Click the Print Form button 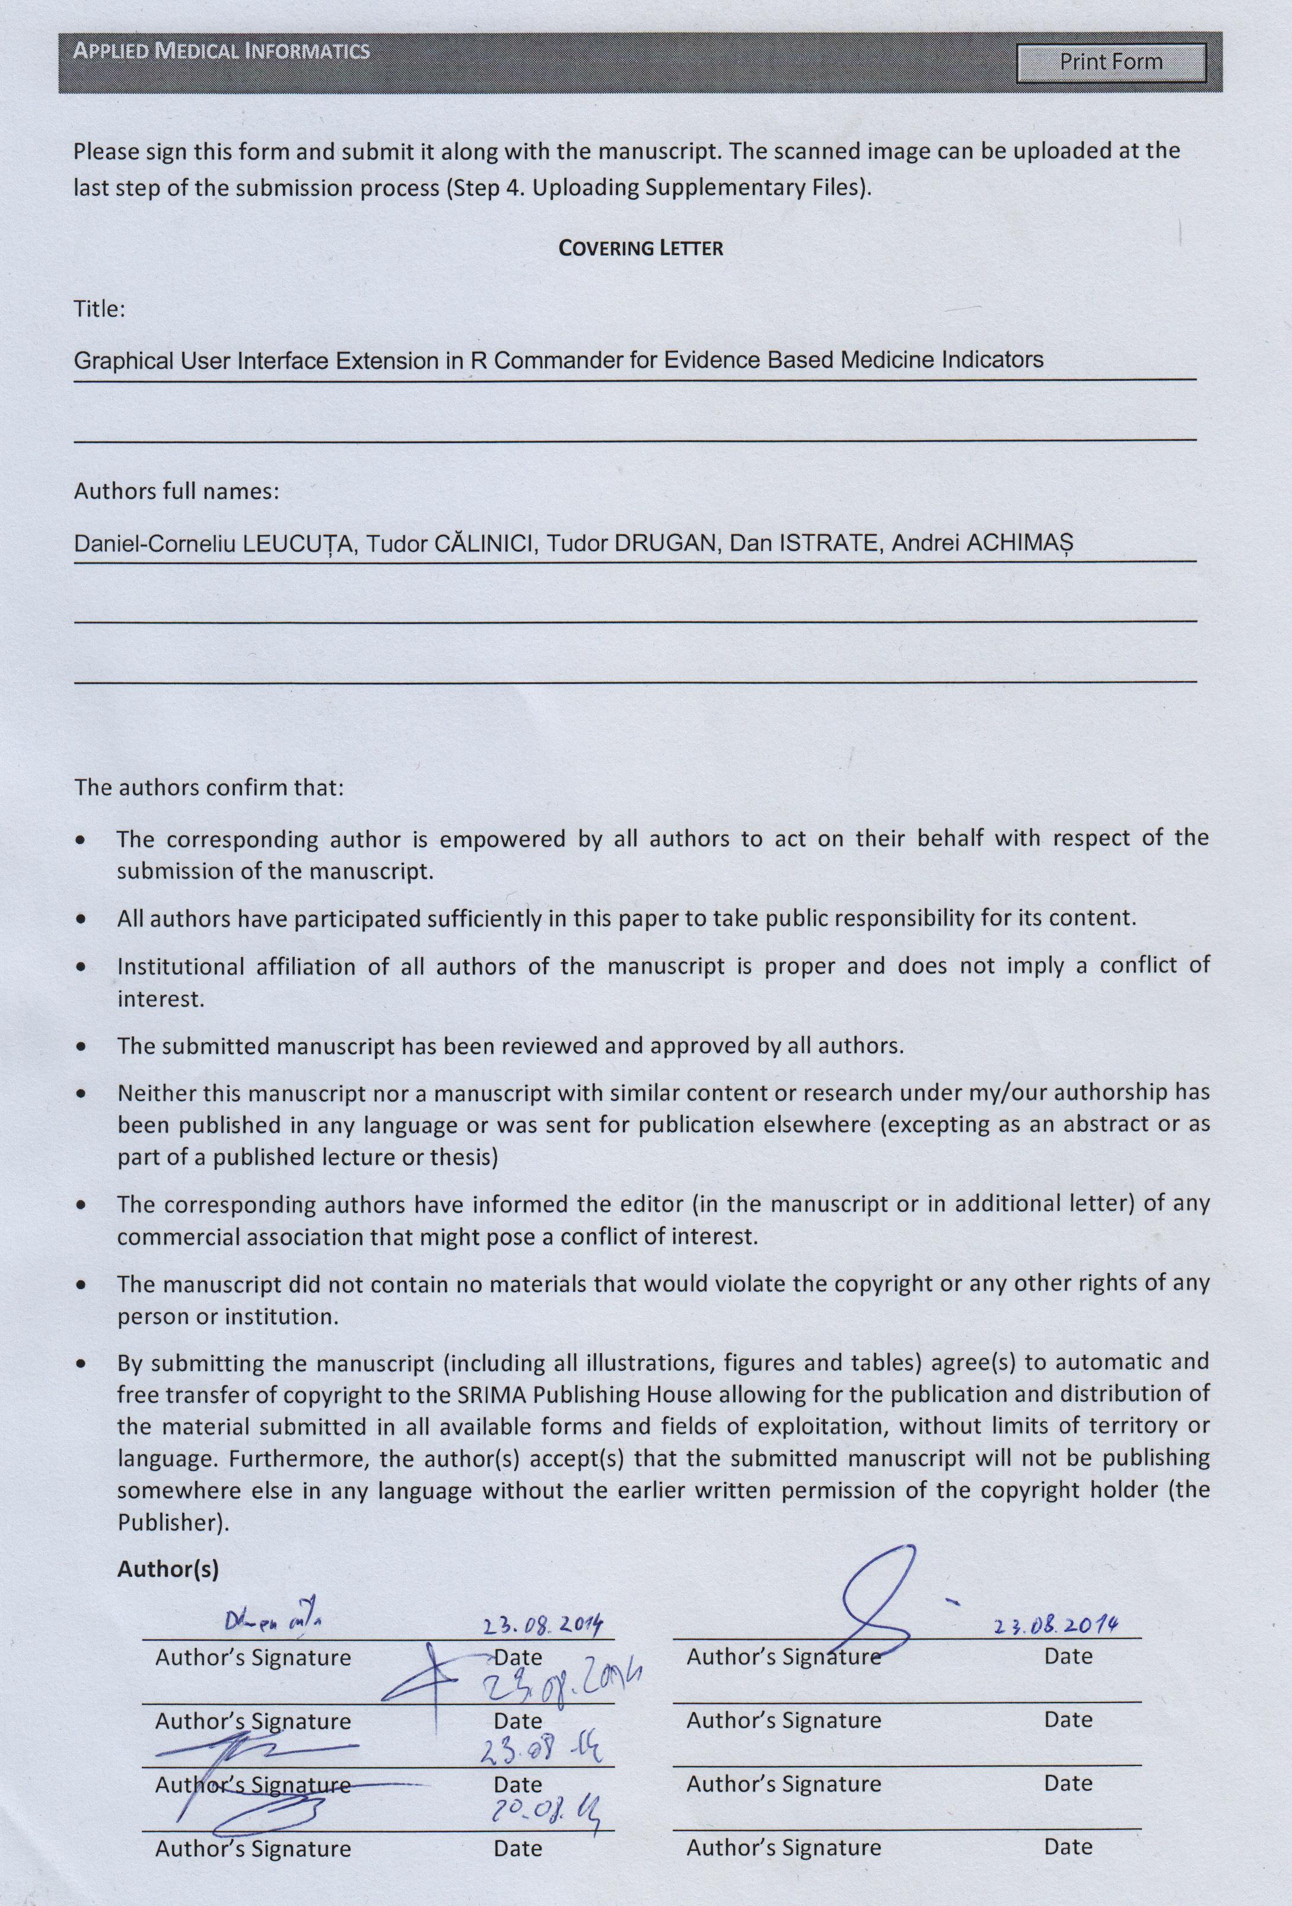pos(1110,62)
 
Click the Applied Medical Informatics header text pos(221,52)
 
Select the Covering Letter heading pos(641,248)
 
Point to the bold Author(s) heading pos(168,1568)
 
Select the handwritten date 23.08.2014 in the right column pos(1056,1625)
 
